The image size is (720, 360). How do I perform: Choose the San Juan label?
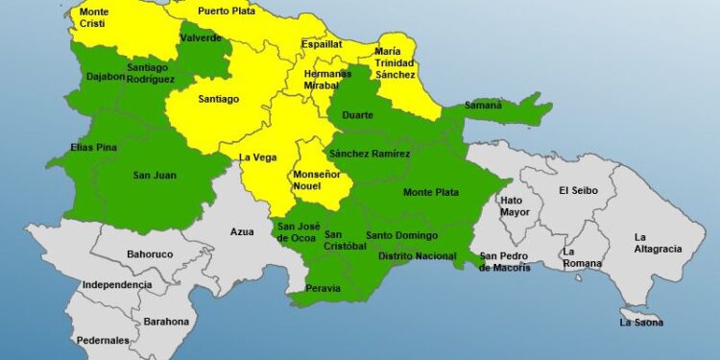click(x=155, y=175)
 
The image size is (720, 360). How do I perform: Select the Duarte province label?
click(x=358, y=115)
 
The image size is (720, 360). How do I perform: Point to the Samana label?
click(x=483, y=106)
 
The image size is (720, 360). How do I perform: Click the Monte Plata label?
click(x=428, y=193)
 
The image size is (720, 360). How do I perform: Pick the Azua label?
click(x=242, y=231)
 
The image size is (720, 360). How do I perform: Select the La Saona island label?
click(x=642, y=323)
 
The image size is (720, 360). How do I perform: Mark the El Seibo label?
click(x=579, y=190)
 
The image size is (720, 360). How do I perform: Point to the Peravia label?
click(x=324, y=287)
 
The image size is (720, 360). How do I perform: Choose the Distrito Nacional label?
click(x=418, y=256)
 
